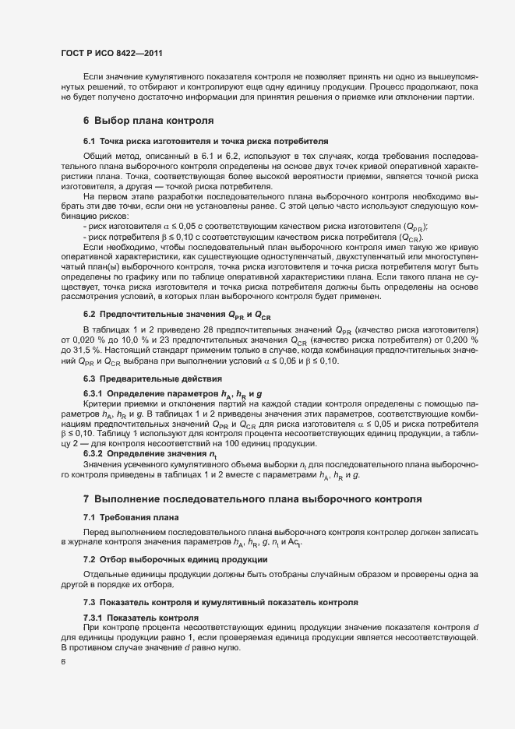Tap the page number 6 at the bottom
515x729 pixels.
point(63,663)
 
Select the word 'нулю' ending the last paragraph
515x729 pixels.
point(235,646)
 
